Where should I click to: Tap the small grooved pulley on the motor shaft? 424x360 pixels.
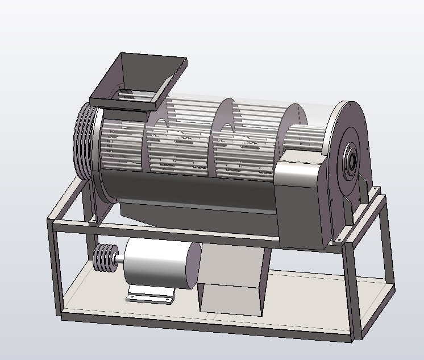click(x=104, y=259)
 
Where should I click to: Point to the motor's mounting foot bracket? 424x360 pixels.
click(x=149, y=295)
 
